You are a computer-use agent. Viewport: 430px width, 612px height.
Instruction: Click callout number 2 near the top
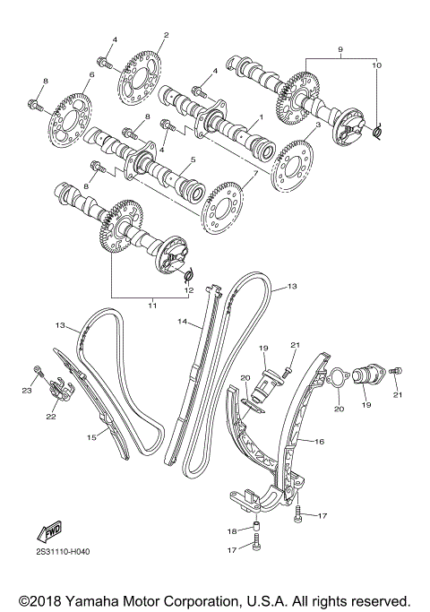(166, 35)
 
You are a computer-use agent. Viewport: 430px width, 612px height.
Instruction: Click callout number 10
(376, 66)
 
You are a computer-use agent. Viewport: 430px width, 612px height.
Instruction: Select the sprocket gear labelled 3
(295, 161)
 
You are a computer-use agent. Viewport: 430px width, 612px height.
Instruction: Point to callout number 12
(189, 290)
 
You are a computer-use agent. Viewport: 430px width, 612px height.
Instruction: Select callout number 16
(320, 442)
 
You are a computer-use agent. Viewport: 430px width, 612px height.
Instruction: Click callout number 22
(51, 415)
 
